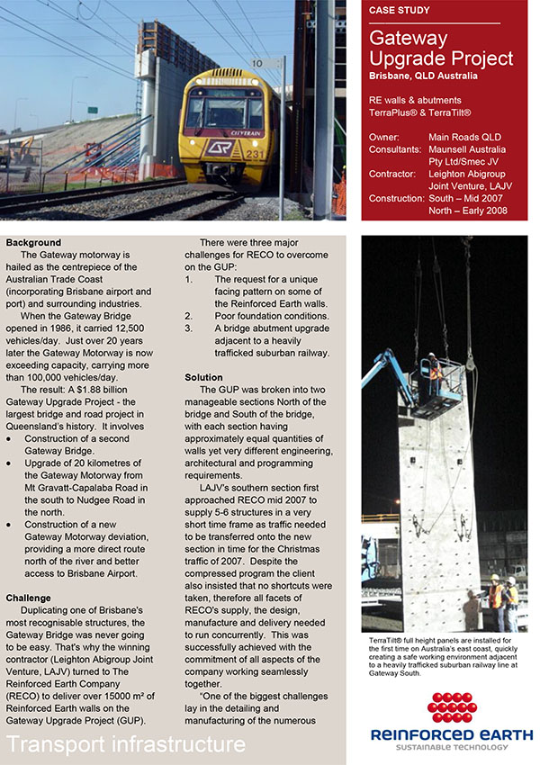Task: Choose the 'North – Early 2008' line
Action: pos(468,211)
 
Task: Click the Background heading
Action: pos(33,243)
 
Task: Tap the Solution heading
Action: pos(203,377)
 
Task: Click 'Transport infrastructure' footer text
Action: pos(126,744)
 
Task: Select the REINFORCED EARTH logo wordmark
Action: pos(452,736)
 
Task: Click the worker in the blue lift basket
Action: pos(434,366)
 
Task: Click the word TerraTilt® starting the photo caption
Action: pos(384,638)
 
